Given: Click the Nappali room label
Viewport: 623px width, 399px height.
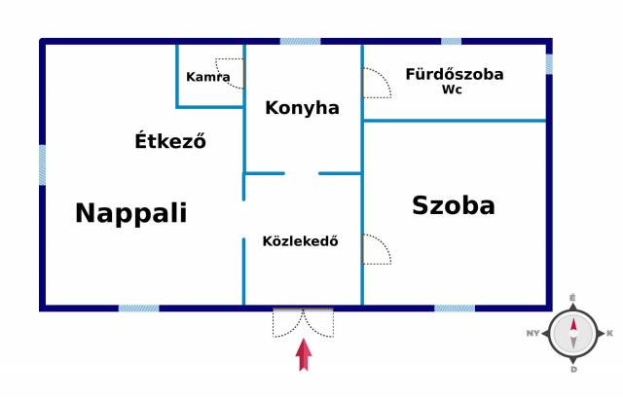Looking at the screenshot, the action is pyautogui.click(x=130, y=213).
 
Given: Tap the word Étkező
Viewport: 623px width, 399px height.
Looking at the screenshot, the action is pyautogui.click(x=170, y=140).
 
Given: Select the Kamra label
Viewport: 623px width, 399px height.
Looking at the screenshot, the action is pyautogui.click(x=207, y=77).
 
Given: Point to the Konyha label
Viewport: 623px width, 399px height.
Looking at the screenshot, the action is pyautogui.click(x=302, y=108).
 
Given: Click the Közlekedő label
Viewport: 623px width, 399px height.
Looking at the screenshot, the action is pyautogui.click(x=301, y=241).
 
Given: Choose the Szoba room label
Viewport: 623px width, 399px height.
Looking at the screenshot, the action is pyautogui.click(x=454, y=205).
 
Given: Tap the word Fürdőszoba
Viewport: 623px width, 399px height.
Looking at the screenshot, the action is pyautogui.click(x=455, y=74).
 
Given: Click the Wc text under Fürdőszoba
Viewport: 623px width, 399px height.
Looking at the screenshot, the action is pyautogui.click(x=452, y=90).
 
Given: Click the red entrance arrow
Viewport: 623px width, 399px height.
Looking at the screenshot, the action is pyautogui.click(x=304, y=354).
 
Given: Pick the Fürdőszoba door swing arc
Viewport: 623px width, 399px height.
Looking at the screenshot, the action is pyautogui.click(x=377, y=83).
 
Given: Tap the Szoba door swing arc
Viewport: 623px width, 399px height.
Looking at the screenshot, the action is pyautogui.click(x=377, y=249).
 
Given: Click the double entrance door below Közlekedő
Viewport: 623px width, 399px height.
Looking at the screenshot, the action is pyautogui.click(x=303, y=322).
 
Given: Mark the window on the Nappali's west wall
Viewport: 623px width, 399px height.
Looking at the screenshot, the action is pyautogui.click(x=42, y=164).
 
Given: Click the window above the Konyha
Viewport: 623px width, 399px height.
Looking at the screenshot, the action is pyautogui.click(x=301, y=41).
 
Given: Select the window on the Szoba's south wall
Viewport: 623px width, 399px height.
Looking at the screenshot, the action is pyautogui.click(x=455, y=308).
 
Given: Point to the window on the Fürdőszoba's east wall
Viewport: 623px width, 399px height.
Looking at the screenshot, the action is pyautogui.click(x=549, y=64).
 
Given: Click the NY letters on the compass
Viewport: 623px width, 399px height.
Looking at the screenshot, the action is pyautogui.click(x=532, y=334).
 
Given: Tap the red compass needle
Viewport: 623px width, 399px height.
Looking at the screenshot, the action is pyautogui.click(x=573, y=325).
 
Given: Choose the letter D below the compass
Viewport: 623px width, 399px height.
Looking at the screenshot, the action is pyautogui.click(x=573, y=370).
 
